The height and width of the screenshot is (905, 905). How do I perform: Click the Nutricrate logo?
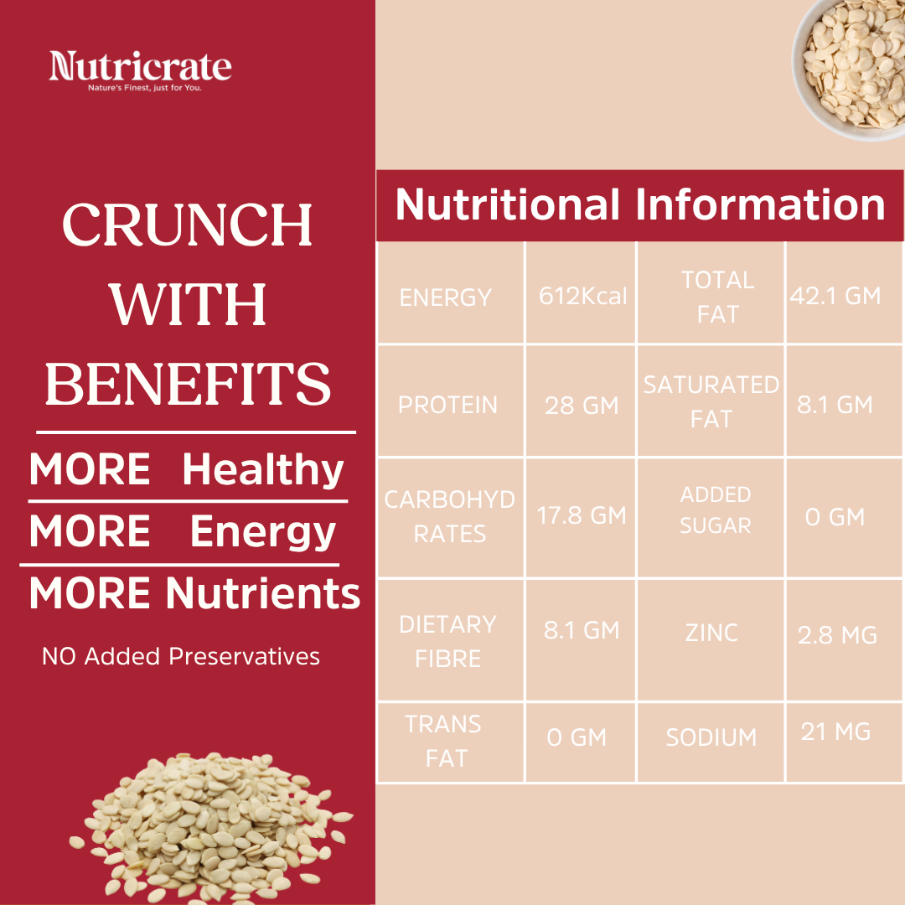coord(140,70)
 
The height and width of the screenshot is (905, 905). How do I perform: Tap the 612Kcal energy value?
coord(582,297)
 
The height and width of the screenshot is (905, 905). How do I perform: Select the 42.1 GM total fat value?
coord(835,296)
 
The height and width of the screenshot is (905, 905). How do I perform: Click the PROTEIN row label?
coord(447,405)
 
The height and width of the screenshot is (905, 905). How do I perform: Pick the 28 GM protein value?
coord(582,406)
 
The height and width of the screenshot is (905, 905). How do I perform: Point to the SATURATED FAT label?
coord(711,401)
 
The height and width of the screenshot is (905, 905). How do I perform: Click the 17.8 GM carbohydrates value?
coord(582,515)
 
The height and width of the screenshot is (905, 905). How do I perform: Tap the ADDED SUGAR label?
coord(716,509)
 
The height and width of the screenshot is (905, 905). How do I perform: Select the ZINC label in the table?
coord(711,633)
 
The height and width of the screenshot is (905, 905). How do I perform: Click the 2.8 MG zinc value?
coord(837,635)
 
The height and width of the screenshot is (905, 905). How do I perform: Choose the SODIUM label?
coord(711,737)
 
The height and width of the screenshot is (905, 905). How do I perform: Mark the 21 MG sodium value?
coord(835,732)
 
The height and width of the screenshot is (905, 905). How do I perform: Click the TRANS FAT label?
coord(443,741)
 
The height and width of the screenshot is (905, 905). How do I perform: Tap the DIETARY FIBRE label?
coord(448,641)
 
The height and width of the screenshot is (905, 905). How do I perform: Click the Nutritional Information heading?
coord(640,205)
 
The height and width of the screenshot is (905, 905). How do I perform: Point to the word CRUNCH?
coord(188,226)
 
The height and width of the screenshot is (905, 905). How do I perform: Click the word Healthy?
coord(263,469)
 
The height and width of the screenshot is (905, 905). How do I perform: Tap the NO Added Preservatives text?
coord(181,655)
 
